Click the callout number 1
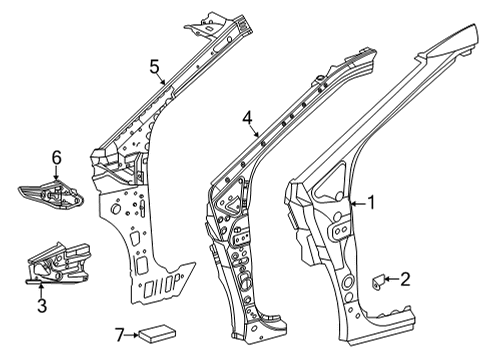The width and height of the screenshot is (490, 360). tap(371, 203)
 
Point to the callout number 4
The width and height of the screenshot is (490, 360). tap(247, 118)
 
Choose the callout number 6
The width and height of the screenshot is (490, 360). tap(57, 158)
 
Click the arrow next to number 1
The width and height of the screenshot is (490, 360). tap(358, 204)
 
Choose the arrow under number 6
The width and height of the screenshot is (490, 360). tap(58, 174)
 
